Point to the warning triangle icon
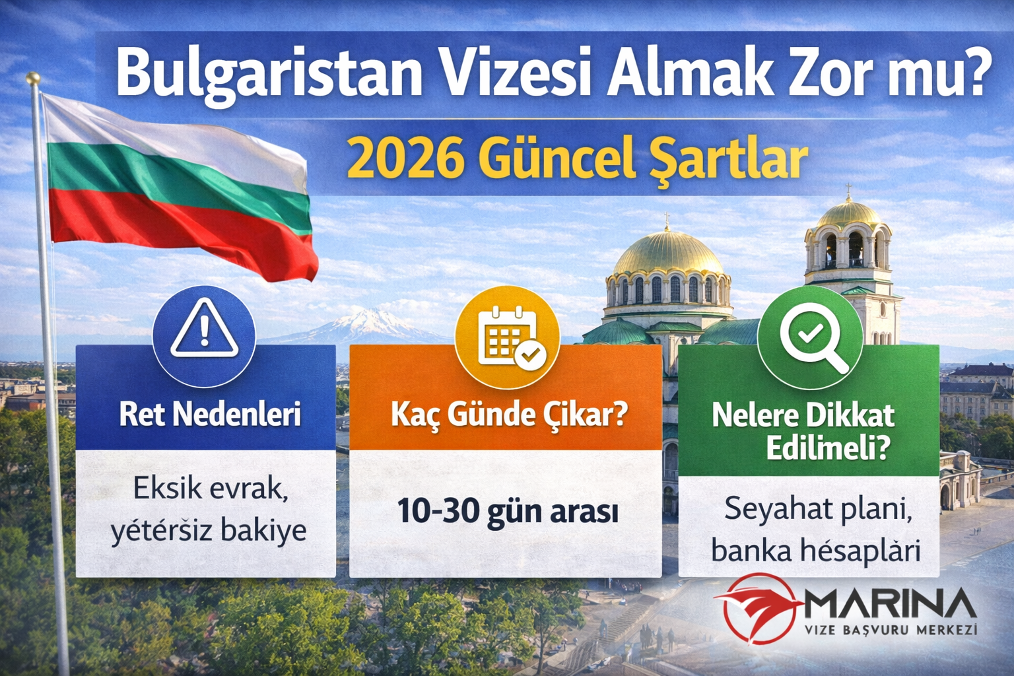pos(204,329)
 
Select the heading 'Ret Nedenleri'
pos(209,415)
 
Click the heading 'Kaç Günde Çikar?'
pos(508,415)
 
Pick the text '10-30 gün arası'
pos(507,512)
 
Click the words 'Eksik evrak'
pos(210,489)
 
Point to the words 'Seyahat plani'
pos(819,508)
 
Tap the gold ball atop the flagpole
pos(33,79)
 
